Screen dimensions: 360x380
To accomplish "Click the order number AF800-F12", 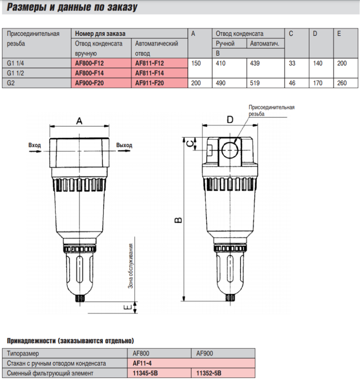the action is (89, 63).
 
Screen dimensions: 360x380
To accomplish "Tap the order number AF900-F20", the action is (89, 83).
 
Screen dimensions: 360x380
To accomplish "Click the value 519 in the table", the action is (254, 83).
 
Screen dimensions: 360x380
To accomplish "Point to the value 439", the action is (254, 63).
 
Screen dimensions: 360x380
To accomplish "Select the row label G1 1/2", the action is (16, 73).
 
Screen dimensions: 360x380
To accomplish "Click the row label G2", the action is (11, 83).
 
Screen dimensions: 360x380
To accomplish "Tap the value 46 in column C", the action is (292, 83).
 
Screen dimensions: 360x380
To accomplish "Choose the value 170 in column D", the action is (317, 83).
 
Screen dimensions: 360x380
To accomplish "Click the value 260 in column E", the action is (342, 83).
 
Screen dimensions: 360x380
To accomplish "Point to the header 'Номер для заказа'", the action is (100, 33).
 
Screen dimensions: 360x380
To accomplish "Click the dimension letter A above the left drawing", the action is (79, 121).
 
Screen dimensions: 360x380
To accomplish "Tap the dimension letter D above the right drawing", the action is (230, 119).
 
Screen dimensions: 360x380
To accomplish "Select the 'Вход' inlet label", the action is (35, 145).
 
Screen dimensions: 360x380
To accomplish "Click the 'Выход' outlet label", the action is (124, 145).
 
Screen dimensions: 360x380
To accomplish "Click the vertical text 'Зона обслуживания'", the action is (130, 266).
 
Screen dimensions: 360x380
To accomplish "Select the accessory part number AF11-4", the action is (142, 363).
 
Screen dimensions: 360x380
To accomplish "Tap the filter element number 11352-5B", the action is (208, 373).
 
